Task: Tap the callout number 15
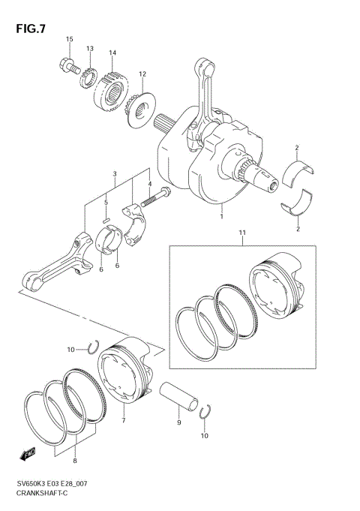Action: (69, 39)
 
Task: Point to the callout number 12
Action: (142, 74)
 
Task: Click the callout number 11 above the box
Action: (241, 234)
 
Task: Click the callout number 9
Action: (178, 423)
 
